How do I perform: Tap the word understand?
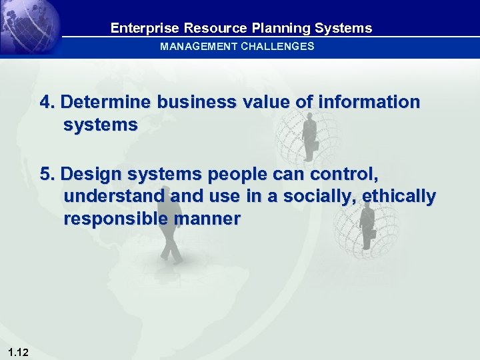click(x=114, y=197)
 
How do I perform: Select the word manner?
click(x=209, y=219)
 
